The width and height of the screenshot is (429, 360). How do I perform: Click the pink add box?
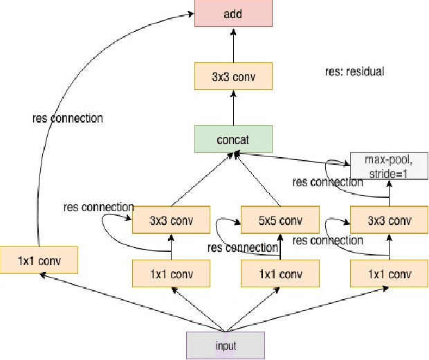(232, 14)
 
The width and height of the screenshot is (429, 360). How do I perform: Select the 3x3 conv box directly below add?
(232, 76)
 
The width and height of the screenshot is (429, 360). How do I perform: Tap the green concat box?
(232, 139)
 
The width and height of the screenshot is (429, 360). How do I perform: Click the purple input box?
(225, 344)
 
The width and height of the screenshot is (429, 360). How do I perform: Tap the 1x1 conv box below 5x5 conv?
(280, 273)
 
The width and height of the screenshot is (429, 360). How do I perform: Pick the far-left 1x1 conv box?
(39, 261)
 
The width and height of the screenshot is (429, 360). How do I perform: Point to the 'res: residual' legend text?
(354, 71)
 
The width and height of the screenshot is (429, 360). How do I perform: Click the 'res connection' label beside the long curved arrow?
(68, 118)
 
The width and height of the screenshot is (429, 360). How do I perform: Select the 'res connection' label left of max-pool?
(327, 182)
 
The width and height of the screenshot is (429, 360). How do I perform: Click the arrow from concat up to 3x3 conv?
(232, 108)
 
